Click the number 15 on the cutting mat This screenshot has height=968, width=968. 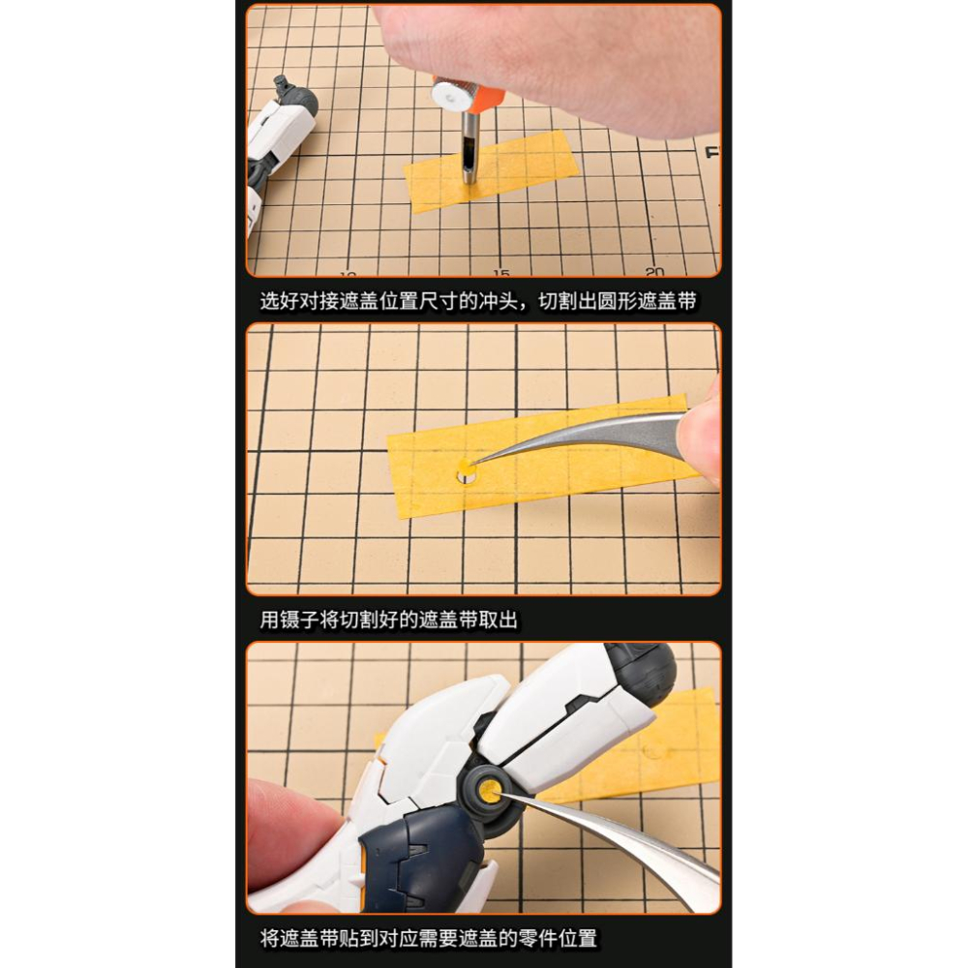501,272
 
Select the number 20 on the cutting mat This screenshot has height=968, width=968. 654,271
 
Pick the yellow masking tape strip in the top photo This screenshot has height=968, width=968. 492,171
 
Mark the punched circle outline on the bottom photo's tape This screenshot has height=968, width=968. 650,751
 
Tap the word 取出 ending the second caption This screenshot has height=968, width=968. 498,620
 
